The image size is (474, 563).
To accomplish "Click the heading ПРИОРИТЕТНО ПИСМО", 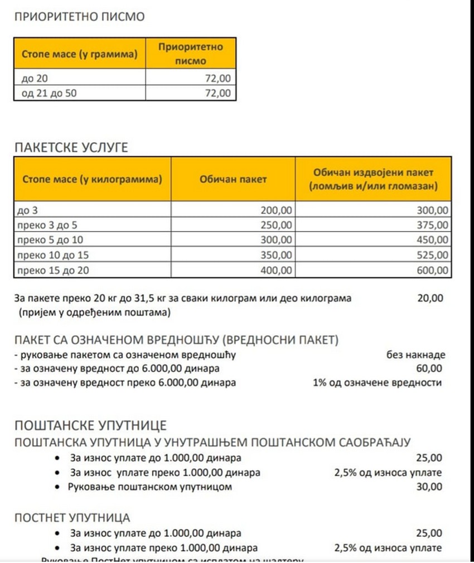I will click(x=79, y=17).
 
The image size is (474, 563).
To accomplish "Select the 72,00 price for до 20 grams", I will click(x=217, y=79).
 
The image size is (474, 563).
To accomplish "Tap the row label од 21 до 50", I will click(x=49, y=93).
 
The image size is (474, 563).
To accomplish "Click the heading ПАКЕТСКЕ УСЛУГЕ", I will click(x=71, y=148).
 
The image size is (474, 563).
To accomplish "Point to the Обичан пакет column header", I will click(x=233, y=179).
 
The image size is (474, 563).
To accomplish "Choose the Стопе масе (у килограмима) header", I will click(x=92, y=179).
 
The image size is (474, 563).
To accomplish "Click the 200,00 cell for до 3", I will click(x=275, y=210).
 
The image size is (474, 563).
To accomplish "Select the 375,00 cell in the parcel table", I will click(x=432, y=225).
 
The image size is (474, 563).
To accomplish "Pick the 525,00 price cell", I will click(x=432, y=255).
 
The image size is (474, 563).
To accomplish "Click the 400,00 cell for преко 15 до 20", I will click(x=275, y=271).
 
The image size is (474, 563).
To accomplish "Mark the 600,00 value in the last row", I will click(x=432, y=271).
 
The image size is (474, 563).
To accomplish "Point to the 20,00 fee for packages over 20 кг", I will click(x=430, y=298).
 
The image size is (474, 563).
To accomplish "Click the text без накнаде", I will click(x=415, y=354).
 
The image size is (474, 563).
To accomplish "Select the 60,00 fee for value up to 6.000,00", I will click(x=430, y=368).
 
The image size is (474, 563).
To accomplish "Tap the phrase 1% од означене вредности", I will click(x=377, y=383).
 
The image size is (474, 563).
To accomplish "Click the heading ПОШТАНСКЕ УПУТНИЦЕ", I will click(x=90, y=426).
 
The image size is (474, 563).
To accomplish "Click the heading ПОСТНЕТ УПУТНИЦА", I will click(x=72, y=518).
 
